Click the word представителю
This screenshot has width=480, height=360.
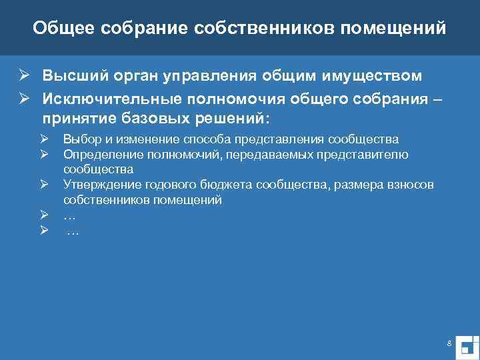pos(371,155)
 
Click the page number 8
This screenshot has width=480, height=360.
pos(449,325)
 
